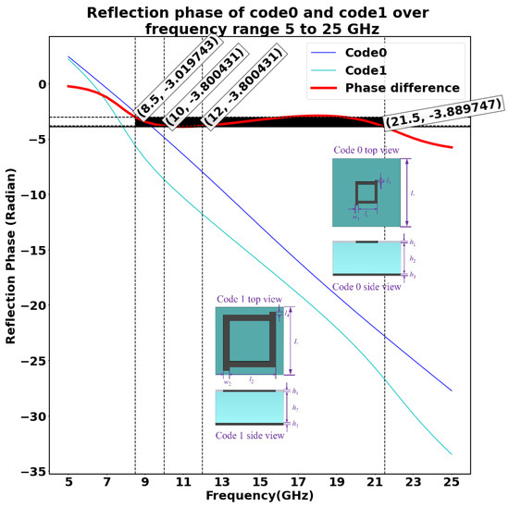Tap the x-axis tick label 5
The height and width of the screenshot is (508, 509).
pos(68,483)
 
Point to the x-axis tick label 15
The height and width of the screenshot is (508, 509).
pos(260,483)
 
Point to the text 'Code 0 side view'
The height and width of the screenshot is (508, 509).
pos(367,286)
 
